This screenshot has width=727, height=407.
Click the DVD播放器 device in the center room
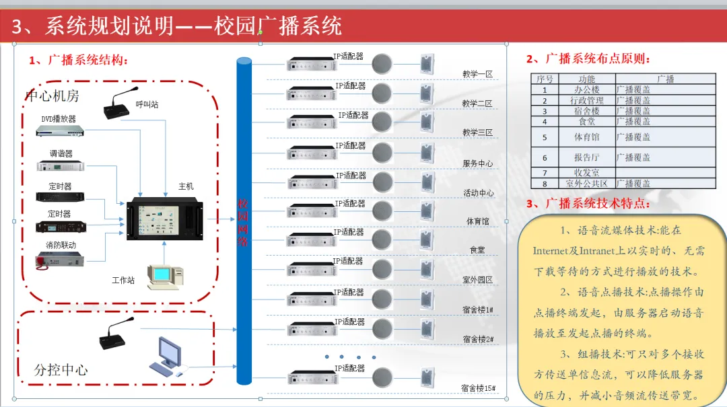click(60, 131)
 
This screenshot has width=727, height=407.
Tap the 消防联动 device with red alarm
click(59, 260)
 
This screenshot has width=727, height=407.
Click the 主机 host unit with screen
click(165, 219)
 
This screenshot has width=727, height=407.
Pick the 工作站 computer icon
click(165, 277)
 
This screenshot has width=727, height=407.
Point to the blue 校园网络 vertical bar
click(244, 221)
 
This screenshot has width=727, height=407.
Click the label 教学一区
click(477, 74)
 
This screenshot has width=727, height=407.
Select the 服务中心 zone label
click(477, 163)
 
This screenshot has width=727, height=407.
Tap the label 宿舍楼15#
click(479, 388)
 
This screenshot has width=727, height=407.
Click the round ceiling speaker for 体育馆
click(382, 211)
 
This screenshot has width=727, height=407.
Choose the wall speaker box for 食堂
click(427, 241)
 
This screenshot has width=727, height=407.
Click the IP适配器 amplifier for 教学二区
click(312, 94)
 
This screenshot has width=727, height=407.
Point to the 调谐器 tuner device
click(61, 165)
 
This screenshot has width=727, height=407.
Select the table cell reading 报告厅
click(586, 157)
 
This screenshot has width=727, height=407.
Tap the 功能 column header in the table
click(586, 79)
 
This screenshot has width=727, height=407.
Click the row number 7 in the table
click(545, 173)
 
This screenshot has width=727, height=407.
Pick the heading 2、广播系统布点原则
click(588, 59)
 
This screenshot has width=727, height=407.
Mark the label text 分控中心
click(61, 370)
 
